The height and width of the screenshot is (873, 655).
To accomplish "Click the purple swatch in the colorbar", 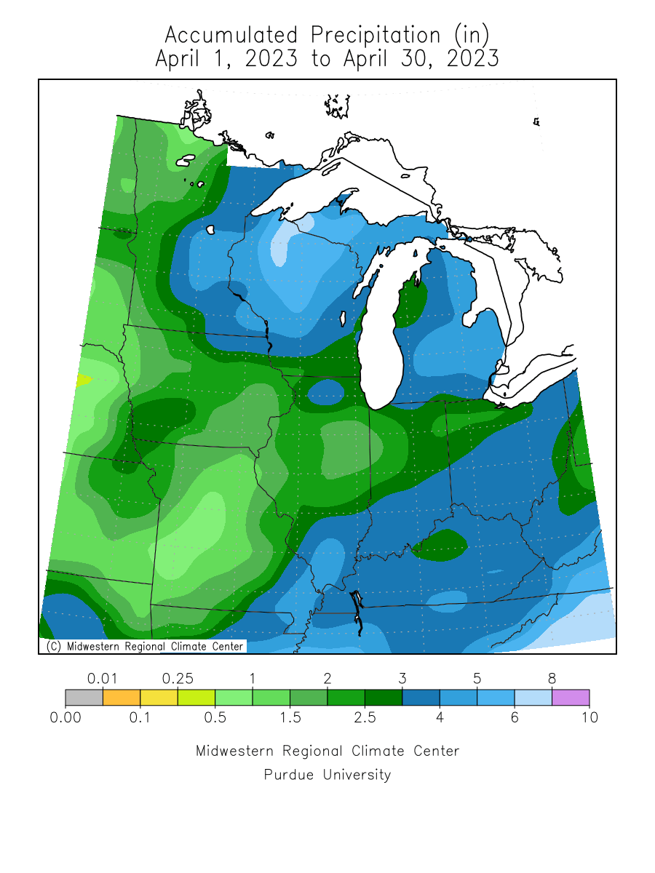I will [571, 698].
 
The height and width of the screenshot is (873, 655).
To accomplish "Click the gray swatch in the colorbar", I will [84, 698].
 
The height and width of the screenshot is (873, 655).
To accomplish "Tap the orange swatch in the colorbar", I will [121, 698].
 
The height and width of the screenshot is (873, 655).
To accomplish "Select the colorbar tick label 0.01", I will [103, 679].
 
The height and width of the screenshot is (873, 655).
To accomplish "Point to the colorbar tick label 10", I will [589, 718].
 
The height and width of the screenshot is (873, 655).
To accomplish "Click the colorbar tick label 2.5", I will [365, 718].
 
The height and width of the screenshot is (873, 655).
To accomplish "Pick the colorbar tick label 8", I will [552, 679].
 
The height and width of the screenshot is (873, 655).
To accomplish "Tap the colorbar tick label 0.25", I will [178, 679].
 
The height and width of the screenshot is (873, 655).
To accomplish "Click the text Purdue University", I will [327, 775].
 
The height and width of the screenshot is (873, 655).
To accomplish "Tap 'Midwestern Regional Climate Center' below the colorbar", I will [327, 751].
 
